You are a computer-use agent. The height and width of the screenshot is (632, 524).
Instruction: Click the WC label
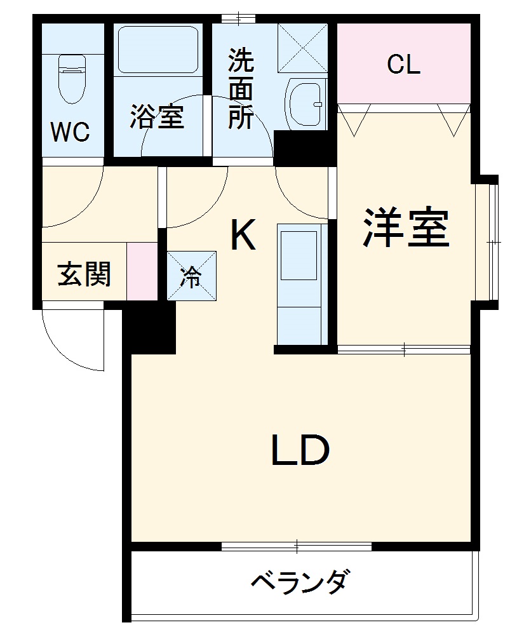pos(70,132)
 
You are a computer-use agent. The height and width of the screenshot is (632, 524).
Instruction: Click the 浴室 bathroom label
pos(158,117)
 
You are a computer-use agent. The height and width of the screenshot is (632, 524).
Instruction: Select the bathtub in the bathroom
pos(158,50)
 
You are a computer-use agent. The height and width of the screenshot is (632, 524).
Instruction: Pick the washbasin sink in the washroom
pos(306,102)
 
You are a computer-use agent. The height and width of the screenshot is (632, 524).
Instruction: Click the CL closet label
pos(403,64)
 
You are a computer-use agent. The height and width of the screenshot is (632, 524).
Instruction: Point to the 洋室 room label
pos(406,228)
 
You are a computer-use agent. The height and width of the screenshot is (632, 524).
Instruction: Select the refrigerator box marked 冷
pos(191,276)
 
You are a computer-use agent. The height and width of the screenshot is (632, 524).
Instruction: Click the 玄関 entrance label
pos(84,274)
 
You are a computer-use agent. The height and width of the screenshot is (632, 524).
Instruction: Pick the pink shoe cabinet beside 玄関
pos(142,271)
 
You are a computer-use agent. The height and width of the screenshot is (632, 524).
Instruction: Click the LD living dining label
pos(300,450)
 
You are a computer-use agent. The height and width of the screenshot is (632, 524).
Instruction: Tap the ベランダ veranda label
pos(300,581)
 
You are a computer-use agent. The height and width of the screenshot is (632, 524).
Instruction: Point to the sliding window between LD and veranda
pos(297,546)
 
